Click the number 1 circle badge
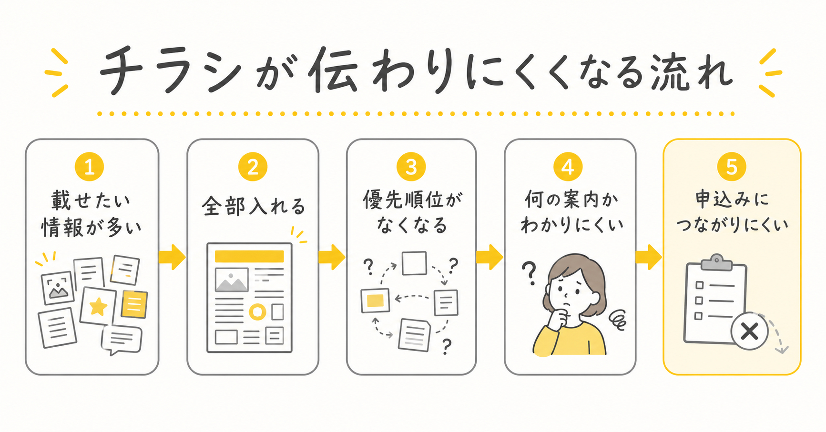pos(89,167)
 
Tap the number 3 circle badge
pos(411,167)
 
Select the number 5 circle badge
pos(732,167)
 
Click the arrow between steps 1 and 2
pos(172,257)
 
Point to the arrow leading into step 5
pos(649,257)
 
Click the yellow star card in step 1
pos(98,306)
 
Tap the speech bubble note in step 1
pos(122,340)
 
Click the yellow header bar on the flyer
pos(249,256)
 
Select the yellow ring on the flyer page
pos(258,312)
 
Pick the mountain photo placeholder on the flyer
pos(232,280)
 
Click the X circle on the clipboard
pos(749,331)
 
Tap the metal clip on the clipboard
pos(716,262)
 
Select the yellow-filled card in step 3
pos(376,301)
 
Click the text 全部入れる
pos(253,206)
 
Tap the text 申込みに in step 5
pos(732,199)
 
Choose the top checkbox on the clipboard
pos(699,285)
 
